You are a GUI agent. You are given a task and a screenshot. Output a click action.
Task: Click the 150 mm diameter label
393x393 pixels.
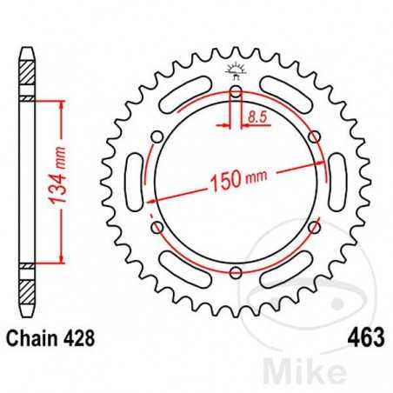click(239, 183)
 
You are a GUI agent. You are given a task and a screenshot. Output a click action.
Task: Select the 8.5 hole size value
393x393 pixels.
click(256, 114)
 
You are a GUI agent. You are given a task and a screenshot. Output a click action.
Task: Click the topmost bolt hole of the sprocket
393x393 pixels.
click(236, 90)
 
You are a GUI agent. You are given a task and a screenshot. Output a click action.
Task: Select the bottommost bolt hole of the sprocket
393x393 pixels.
click(236, 274)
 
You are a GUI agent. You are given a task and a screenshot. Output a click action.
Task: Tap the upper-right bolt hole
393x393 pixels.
click(316, 136)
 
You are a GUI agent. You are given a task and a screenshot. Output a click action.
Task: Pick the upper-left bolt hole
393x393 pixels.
click(157, 136)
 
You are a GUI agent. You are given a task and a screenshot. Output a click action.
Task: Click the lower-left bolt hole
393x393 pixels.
click(157, 228)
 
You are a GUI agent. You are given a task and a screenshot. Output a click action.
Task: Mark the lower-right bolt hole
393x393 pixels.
click(316, 228)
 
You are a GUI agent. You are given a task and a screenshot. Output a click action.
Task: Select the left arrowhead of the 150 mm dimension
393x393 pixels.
click(153, 199)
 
